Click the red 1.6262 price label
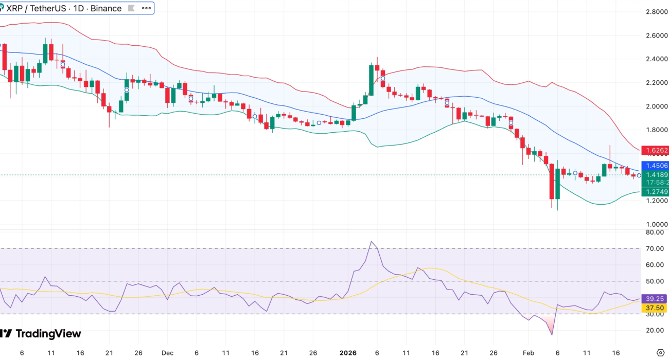(657, 151)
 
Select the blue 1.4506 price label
(657, 166)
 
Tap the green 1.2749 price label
(657, 192)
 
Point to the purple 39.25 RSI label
(657, 298)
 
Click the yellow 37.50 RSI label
(657, 308)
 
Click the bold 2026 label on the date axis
(348, 353)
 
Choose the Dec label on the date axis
(167, 353)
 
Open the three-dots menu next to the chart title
(146, 8)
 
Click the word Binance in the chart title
(106, 8)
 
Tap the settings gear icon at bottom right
(661, 353)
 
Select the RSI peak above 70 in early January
(371, 241)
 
